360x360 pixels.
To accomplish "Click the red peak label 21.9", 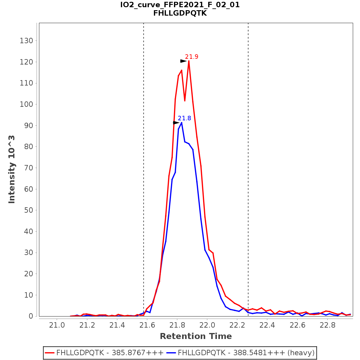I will click(x=191, y=57).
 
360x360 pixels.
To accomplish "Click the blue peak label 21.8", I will click(x=184, y=118).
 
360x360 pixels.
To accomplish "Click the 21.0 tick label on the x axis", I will click(x=57, y=325).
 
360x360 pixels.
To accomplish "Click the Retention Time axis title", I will click(x=196, y=336).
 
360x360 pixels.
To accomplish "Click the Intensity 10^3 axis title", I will click(x=12, y=169).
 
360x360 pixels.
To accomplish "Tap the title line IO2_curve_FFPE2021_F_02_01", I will click(x=180, y=5).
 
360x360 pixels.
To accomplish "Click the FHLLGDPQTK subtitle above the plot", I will click(x=180, y=13).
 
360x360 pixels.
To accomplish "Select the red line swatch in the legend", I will click(x=50, y=353).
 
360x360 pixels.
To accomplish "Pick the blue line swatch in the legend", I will click(x=171, y=353).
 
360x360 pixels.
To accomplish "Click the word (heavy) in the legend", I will click(x=301, y=353).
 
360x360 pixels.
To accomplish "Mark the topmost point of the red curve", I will click(x=189, y=61).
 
